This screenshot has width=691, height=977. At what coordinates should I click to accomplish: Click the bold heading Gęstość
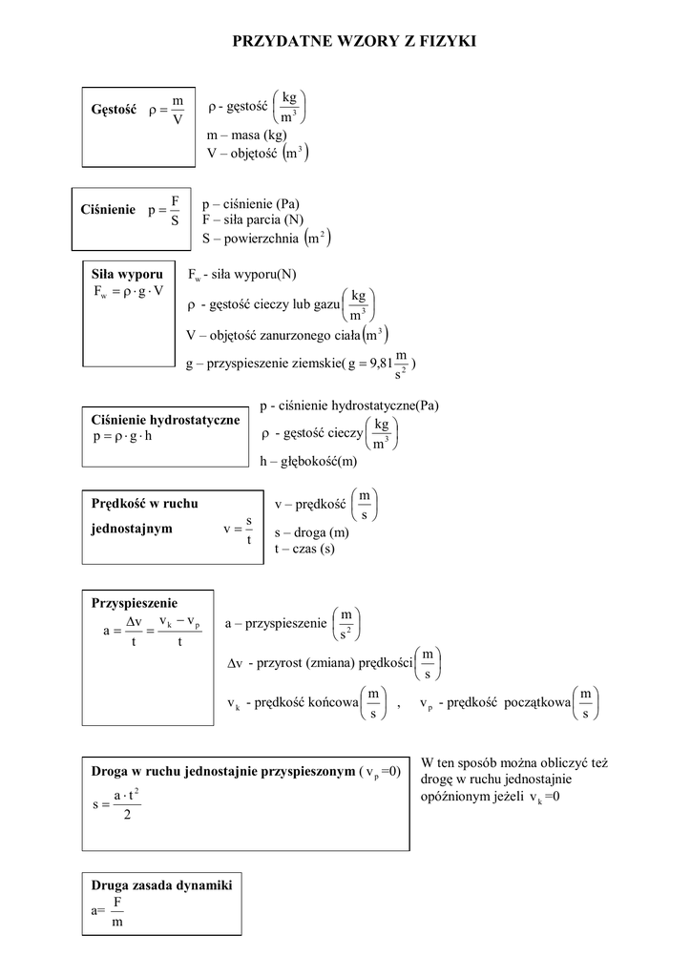(x=115, y=111)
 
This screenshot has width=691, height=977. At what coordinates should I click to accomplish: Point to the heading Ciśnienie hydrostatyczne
(x=164, y=420)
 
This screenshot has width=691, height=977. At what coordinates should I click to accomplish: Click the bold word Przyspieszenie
(x=135, y=603)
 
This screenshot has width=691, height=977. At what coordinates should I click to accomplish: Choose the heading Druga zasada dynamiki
(x=161, y=884)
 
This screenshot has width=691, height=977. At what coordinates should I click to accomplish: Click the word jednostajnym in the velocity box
(x=132, y=529)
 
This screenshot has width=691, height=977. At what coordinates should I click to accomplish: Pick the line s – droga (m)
(x=311, y=532)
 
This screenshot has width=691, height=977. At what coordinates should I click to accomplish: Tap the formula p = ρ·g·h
(x=122, y=437)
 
